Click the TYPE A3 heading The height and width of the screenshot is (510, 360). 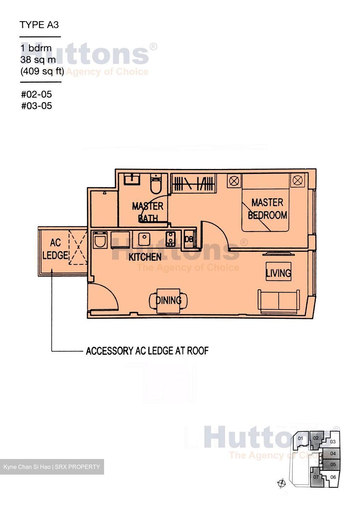[39, 25]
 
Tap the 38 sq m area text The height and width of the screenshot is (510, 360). [38, 59]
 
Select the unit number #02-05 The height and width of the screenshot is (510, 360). [36, 94]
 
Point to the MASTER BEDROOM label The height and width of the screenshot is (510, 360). [267, 209]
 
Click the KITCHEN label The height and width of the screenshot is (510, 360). [145, 257]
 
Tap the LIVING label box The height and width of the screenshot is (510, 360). [278, 271]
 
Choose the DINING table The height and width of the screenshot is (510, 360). [168, 300]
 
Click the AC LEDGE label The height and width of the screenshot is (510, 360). [55, 249]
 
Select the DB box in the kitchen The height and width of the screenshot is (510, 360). [189, 239]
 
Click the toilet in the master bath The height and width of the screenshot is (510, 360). [156, 184]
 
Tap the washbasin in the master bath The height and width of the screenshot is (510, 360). [132, 179]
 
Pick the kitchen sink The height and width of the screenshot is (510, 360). [144, 239]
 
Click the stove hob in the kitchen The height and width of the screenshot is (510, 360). [170, 239]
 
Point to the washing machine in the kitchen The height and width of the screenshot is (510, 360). [100, 240]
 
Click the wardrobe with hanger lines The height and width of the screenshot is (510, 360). [193, 183]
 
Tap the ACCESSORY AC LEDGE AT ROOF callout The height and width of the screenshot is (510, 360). [147, 351]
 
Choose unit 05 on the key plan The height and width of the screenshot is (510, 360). [333, 464]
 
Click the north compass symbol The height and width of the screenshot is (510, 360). [282, 483]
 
